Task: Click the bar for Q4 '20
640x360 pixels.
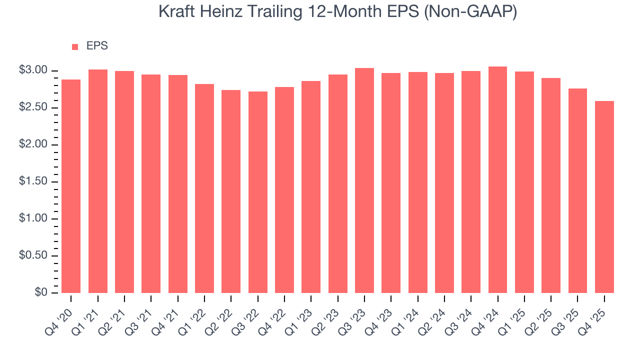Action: (x=71, y=186)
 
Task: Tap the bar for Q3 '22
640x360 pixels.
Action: (x=257, y=192)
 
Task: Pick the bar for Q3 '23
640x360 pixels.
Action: (x=364, y=180)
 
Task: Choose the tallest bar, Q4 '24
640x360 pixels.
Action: (x=497, y=179)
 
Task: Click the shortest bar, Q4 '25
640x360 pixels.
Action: (x=604, y=197)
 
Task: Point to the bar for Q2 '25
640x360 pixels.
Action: (x=551, y=185)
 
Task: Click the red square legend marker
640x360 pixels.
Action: (x=75, y=46)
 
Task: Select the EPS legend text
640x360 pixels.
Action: (x=97, y=46)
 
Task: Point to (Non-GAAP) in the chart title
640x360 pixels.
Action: (x=469, y=11)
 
